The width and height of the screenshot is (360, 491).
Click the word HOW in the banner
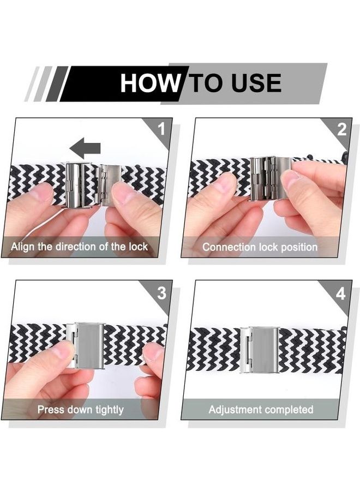pos(150,83)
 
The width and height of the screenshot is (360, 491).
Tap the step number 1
pos(161,129)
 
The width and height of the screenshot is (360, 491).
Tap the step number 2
pos(342,129)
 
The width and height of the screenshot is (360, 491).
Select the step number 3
pos(161,293)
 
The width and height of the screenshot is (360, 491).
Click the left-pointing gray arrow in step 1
pos(85,148)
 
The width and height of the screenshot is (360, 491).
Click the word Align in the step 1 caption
pos(22,247)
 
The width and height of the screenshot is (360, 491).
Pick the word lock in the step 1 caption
pos(138,247)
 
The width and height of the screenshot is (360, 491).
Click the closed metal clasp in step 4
pos(260,350)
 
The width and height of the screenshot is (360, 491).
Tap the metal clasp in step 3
pos(86,346)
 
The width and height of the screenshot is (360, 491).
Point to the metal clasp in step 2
pos(271,178)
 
